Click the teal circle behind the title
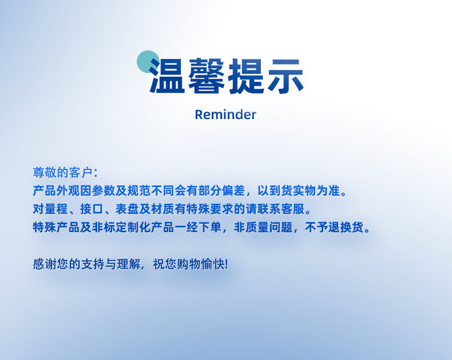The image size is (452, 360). point(148,61)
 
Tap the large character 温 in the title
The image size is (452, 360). point(167,76)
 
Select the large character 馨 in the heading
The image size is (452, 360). point(207,76)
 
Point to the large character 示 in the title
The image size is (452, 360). point(286,76)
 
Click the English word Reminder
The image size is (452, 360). point(225,114)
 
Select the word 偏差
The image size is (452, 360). point(233,191)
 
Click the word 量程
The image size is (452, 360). point(56,209)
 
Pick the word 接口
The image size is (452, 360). point(92,209)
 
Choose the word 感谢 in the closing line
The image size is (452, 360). point(45,264)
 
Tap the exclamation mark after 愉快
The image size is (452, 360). point(226,264)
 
